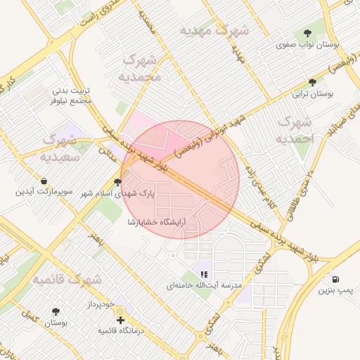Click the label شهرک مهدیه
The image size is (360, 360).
coord(214,31)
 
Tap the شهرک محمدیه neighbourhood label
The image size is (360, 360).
coord(140,67)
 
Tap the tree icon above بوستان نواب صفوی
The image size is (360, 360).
coord(307,33)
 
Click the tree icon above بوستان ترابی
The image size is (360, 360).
coord(312,82)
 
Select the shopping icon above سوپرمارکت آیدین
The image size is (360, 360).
coord(44,181)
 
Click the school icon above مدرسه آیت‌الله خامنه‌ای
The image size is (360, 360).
coord(204,274)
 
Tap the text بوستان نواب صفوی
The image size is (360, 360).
coord(307,44)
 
